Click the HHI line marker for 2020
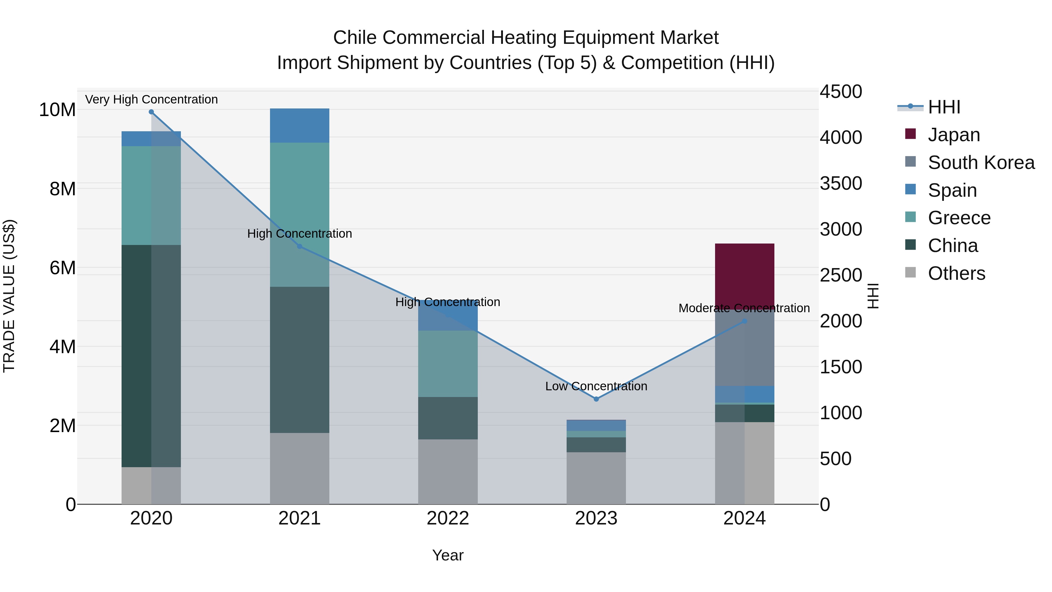click(x=151, y=112)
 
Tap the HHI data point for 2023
click(x=596, y=399)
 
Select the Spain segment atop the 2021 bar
click(x=299, y=125)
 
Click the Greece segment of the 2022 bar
click(x=448, y=364)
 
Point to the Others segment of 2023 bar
click(x=596, y=478)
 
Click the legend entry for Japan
click(x=954, y=135)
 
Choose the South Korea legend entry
click(x=980, y=163)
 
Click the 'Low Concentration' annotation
click(x=596, y=386)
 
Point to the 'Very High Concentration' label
click(x=151, y=99)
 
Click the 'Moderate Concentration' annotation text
click(x=744, y=308)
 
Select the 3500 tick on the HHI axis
click(x=840, y=183)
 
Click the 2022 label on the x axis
click(x=448, y=518)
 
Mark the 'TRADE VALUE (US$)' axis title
click(x=9, y=296)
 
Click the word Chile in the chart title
click(x=354, y=38)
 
